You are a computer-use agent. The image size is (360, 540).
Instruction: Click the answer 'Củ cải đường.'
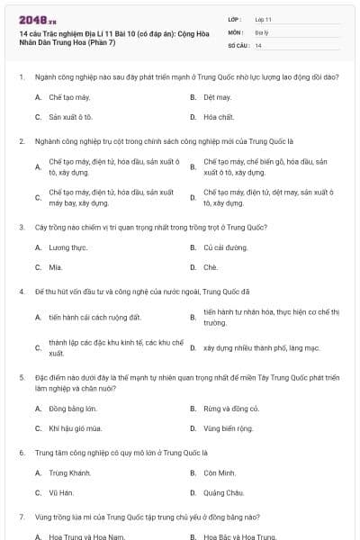click(225, 247)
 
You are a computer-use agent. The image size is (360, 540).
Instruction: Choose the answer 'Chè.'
click(211, 267)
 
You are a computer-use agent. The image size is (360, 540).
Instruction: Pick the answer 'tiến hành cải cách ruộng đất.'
click(95, 318)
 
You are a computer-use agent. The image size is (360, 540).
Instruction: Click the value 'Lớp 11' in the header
click(264, 18)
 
